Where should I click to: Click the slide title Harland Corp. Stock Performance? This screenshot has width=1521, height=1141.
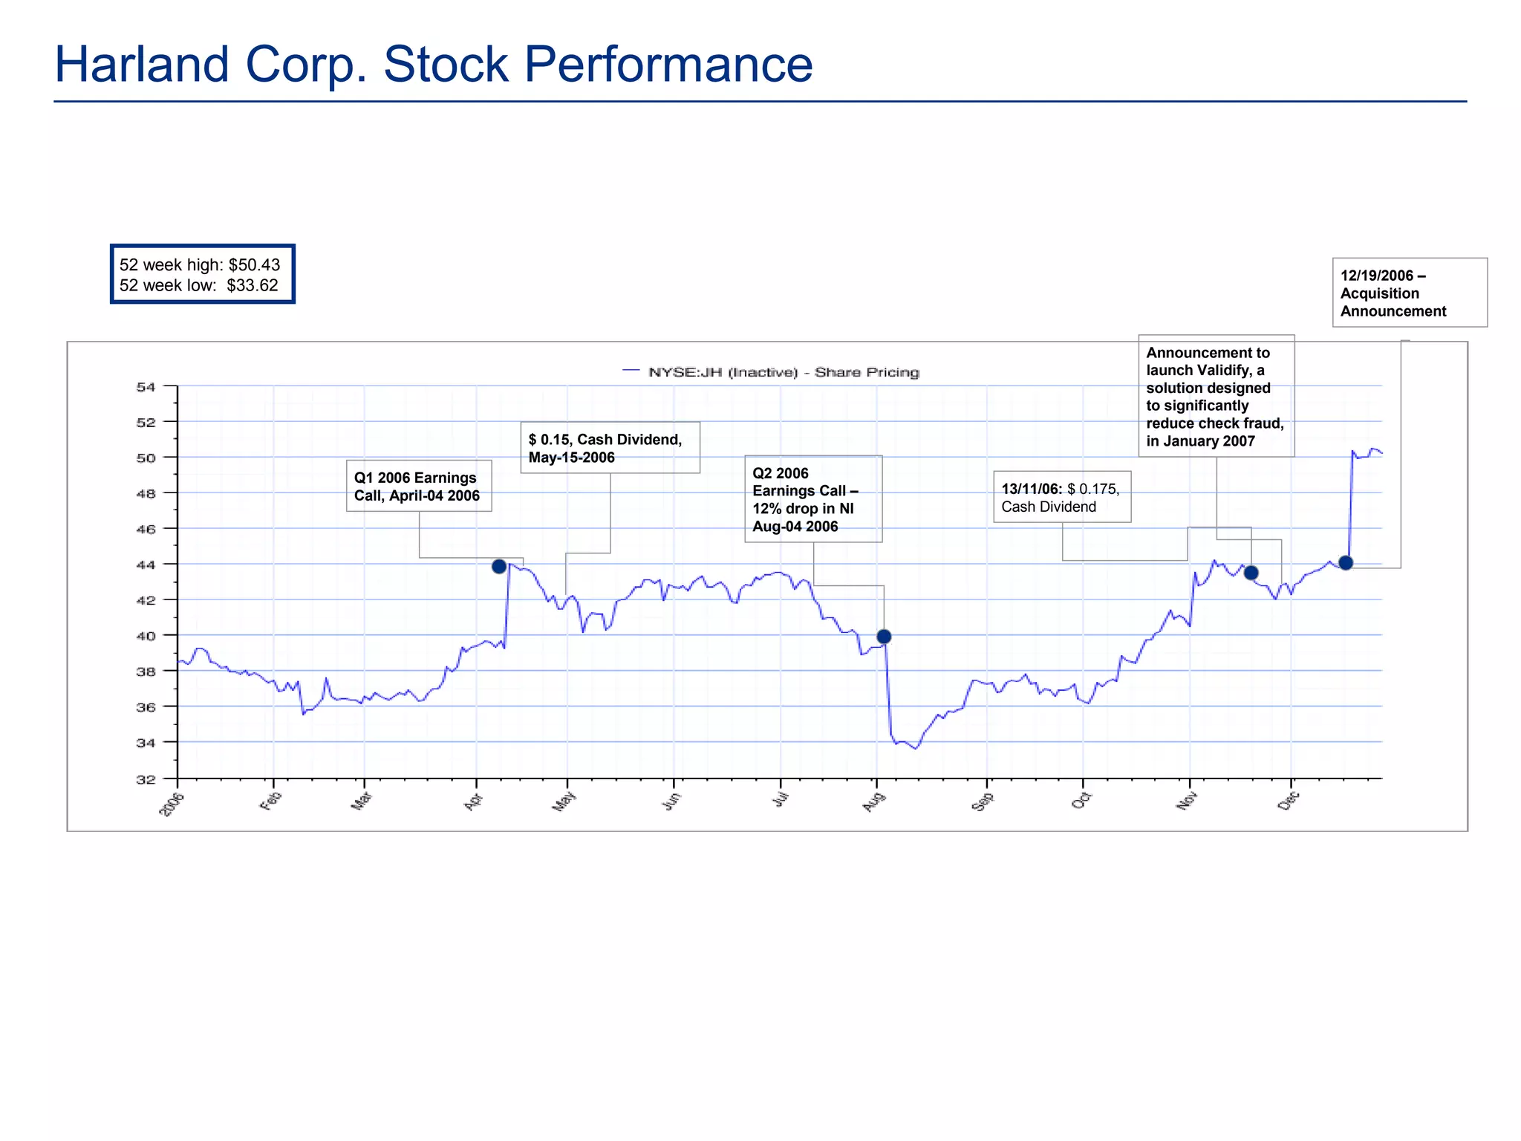click(x=434, y=65)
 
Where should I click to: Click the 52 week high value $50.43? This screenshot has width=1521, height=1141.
click(x=254, y=265)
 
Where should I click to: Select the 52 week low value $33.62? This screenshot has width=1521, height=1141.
click(x=253, y=286)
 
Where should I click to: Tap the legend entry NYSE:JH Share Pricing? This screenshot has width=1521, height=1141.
click(x=772, y=372)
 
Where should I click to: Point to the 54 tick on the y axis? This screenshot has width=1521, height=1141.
click(x=146, y=387)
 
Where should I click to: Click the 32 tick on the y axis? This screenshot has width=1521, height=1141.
click(x=146, y=779)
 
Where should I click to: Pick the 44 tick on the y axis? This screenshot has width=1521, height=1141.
click(x=146, y=565)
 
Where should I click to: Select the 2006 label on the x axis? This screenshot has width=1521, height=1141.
click(x=172, y=804)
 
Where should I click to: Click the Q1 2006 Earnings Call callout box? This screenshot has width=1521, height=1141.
click(x=418, y=487)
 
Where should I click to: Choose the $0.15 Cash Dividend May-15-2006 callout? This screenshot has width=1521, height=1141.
click(x=610, y=448)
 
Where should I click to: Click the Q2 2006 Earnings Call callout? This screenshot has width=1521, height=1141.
click(x=812, y=499)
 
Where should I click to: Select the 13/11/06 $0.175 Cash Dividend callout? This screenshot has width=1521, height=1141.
click(x=1061, y=497)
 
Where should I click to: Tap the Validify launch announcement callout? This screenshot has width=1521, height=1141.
click(x=1216, y=396)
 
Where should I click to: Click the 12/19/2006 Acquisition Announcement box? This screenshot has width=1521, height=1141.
click(x=1409, y=293)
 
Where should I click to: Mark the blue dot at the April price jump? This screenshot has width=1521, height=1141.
click(x=499, y=567)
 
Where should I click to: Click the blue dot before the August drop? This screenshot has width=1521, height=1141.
click(x=884, y=637)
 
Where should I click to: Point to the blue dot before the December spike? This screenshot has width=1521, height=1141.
click(x=1346, y=563)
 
